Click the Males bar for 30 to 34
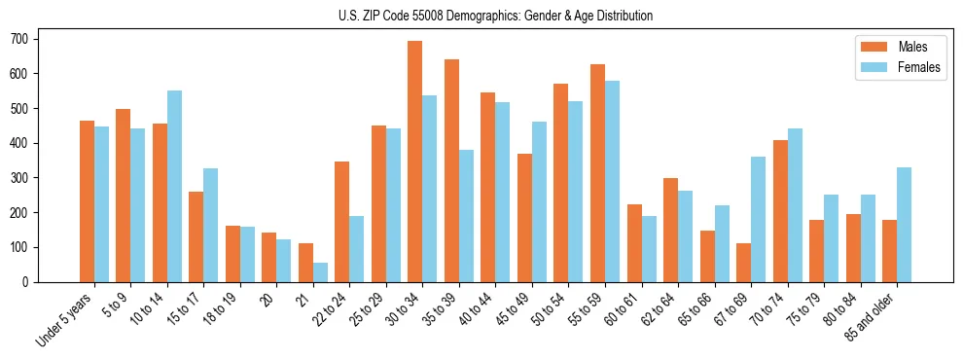click(x=415, y=162)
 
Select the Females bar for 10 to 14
click(x=174, y=186)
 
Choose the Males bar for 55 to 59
click(x=597, y=173)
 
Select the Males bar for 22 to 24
click(x=342, y=222)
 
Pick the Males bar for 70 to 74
click(x=780, y=211)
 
